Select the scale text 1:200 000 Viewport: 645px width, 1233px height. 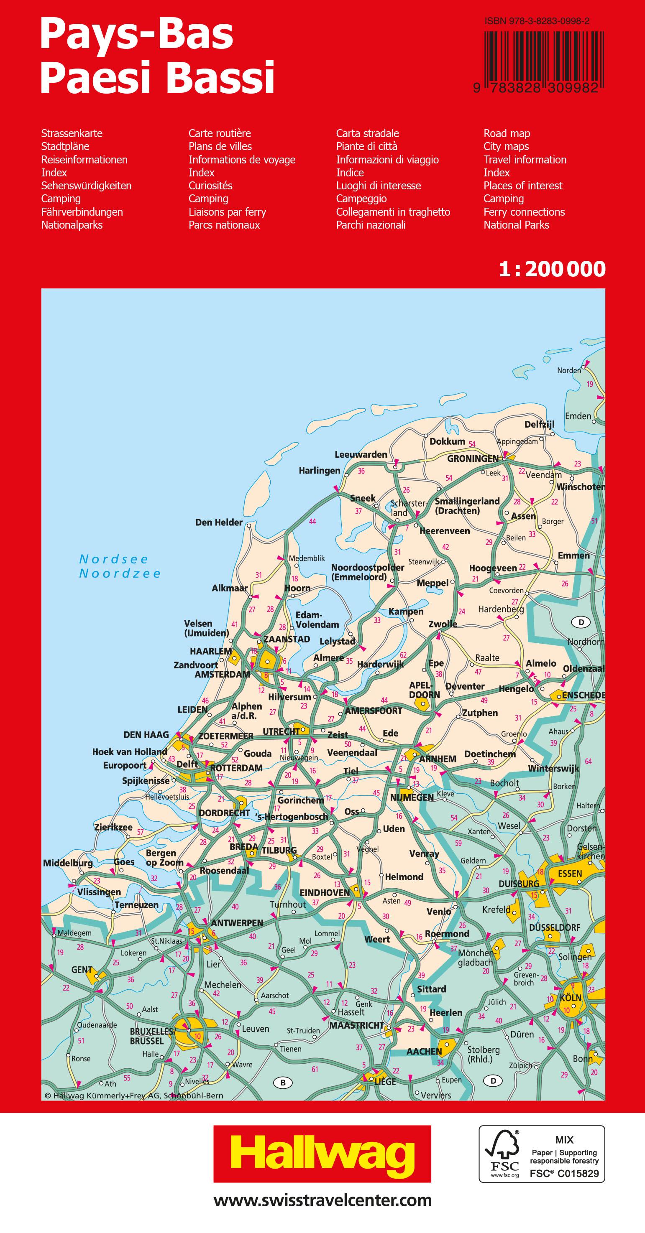point(552,270)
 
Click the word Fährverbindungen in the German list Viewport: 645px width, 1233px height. point(82,211)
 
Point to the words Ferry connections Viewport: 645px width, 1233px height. point(524,211)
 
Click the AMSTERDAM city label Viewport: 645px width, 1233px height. point(222,675)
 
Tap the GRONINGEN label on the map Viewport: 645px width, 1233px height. point(473,459)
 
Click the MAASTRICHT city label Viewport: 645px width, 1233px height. point(356,1025)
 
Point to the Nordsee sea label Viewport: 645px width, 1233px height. point(114,559)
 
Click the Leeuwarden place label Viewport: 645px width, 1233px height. point(361,454)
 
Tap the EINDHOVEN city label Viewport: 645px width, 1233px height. point(325,893)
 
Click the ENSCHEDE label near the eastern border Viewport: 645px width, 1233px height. point(583,695)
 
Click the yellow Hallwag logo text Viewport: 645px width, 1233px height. point(322,1155)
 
